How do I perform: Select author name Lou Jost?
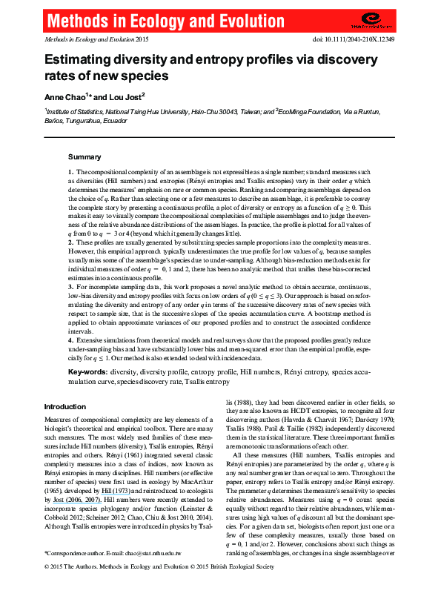tap(127, 96)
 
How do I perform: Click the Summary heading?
tap(84, 157)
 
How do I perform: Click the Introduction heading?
tap(65, 407)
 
